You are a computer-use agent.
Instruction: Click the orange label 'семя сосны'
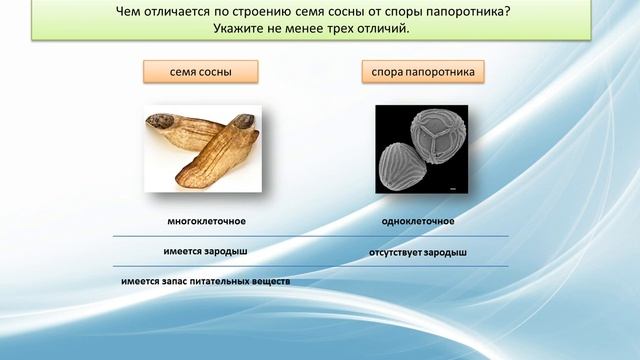200,72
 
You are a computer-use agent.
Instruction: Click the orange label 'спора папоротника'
423,72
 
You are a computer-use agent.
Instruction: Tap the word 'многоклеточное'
206,221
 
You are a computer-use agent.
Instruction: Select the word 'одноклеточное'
418,221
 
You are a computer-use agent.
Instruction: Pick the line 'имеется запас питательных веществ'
205,281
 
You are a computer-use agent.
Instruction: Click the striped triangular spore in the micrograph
402,164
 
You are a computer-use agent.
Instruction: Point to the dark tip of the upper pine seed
159,123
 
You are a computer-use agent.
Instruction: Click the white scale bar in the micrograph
453,187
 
